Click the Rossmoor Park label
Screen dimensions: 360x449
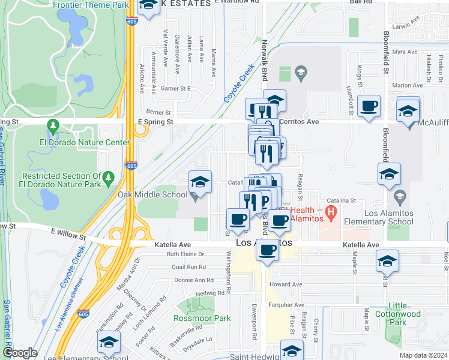193,318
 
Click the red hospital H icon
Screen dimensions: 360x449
329,212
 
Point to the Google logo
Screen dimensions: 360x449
19,353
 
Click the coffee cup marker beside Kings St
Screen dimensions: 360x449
369,106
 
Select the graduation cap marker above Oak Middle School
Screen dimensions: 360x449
200,181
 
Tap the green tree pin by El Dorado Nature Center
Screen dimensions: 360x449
53,125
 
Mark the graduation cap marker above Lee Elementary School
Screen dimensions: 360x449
109,342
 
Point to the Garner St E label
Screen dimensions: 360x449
176,88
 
